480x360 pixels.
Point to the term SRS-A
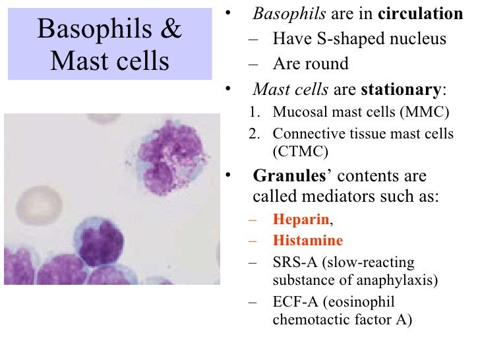tap(292, 262)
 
